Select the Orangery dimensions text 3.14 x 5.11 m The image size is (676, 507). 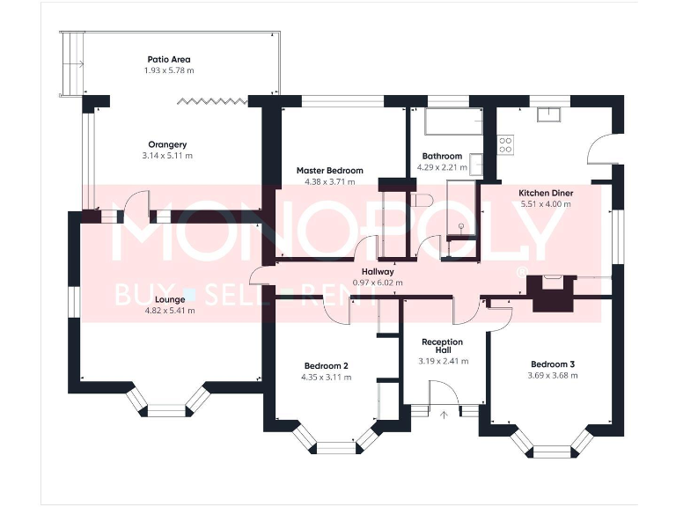(x=167, y=156)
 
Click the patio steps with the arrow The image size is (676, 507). (x=71, y=64)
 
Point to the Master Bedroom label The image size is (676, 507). (x=329, y=171)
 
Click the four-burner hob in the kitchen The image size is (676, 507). (x=505, y=144)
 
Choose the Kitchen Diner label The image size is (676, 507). (x=546, y=192)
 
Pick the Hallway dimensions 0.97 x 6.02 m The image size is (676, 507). (x=378, y=283)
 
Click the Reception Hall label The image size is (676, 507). (x=443, y=346)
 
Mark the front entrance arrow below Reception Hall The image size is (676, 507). (x=444, y=412)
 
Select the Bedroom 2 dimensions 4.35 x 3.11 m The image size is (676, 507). (x=326, y=378)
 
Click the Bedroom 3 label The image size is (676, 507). (x=552, y=364)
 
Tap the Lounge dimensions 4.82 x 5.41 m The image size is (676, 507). (x=170, y=311)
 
